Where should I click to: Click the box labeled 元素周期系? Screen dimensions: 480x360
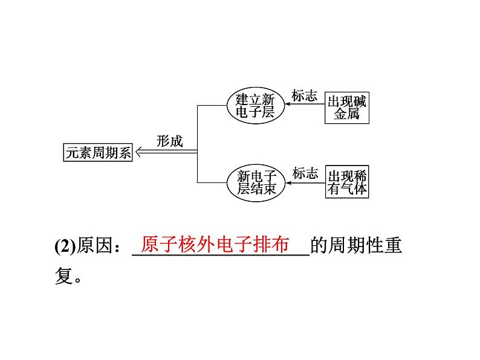[x=98, y=153]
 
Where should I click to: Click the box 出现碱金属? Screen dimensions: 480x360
[x=346, y=107]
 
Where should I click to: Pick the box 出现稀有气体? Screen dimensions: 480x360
[x=347, y=181]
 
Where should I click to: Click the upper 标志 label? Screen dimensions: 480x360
[x=304, y=95]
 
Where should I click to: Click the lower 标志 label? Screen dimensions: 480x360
[x=305, y=173]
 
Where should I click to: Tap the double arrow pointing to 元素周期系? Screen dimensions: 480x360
[x=165, y=152]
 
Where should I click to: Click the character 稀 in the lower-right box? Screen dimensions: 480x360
[x=360, y=176]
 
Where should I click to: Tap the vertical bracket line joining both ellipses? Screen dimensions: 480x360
[x=198, y=144]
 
